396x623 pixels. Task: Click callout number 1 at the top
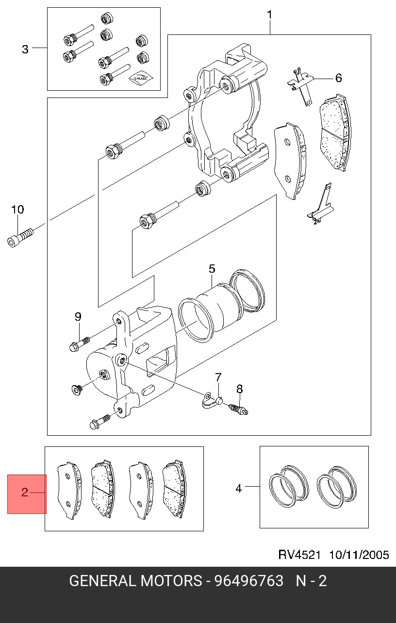[269, 15]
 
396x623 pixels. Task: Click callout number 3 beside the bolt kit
[25, 49]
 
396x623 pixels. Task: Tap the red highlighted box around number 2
[27, 494]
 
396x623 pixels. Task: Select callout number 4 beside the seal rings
[239, 488]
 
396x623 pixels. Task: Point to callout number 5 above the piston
[212, 269]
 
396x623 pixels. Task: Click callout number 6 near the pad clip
[338, 78]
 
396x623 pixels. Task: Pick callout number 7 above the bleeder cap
[218, 377]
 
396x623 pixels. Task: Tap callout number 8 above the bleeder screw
[239, 389]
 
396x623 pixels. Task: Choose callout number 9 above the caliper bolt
[78, 316]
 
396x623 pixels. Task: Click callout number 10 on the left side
[17, 209]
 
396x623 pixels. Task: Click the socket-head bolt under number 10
[20, 238]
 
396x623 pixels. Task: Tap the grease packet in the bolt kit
[141, 79]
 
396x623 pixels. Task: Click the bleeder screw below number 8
[238, 410]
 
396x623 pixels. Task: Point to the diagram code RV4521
[299, 555]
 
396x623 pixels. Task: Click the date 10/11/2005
[359, 555]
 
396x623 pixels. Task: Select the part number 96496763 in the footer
[248, 581]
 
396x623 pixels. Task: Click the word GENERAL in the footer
[102, 581]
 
